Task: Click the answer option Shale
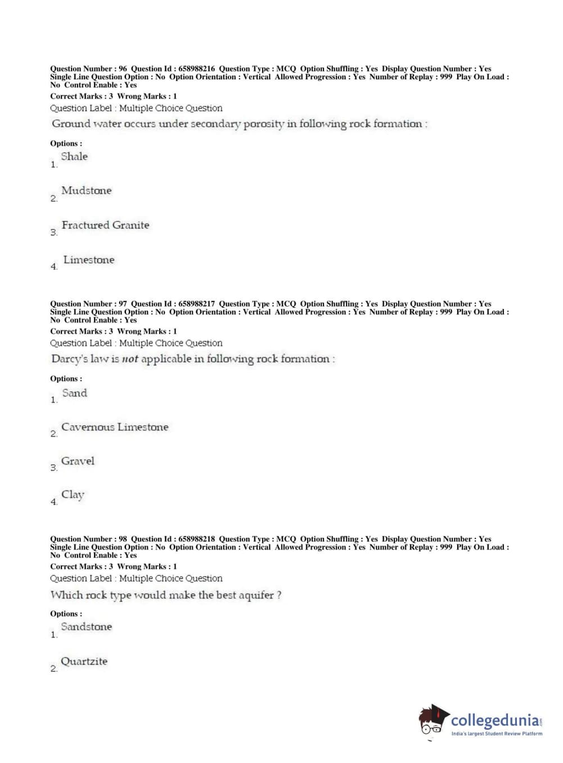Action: tap(74, 156)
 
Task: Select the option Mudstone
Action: tap(86, 191)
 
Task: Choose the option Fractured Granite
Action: tap(105, 225)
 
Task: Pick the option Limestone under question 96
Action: tap(88, 260)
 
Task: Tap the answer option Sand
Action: tap(74, 393)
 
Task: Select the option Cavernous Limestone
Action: tap(115, 427)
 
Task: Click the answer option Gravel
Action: tap(78, 461)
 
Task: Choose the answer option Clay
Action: tap(73, 495)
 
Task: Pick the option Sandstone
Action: tap(86, 627)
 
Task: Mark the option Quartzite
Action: tap(84, 662)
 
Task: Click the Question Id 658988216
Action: tap(196, 69)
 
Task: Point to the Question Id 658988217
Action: tap(196, 304)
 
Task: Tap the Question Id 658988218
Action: tap(196, 539)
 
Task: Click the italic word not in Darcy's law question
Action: tap(130, 359)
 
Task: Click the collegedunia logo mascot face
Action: tap(432, 721)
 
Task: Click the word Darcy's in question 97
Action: tap(69, 359)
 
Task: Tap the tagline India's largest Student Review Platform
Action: tap(497, 734)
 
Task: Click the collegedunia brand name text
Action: tap(494, 720)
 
